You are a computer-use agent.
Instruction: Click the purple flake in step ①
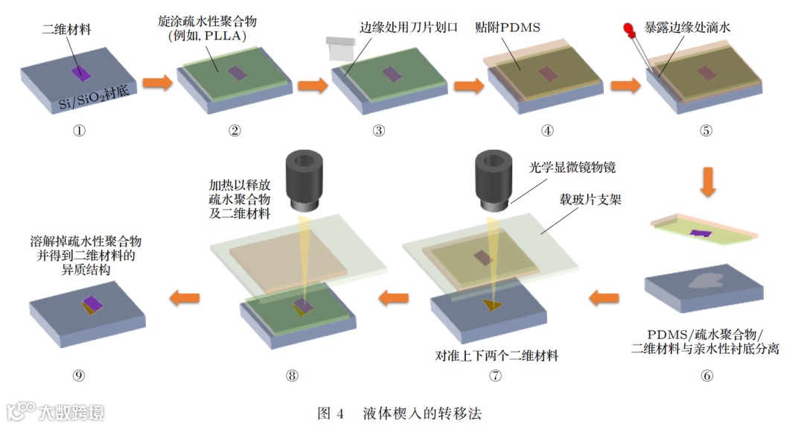(x=79, y=72)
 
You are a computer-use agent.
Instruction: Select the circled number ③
(x=379, y=131)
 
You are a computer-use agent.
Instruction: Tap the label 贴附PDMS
(x=508, y=28)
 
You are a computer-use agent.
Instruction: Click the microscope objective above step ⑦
(x=492, y=180)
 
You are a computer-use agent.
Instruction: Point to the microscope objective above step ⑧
(x=303, y=180)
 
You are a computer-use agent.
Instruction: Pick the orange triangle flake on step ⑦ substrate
(x=491, y=305)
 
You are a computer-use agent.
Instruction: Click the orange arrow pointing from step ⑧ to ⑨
(x=185, y=299)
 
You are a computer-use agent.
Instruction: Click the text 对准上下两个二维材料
(x=497, y=355)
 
